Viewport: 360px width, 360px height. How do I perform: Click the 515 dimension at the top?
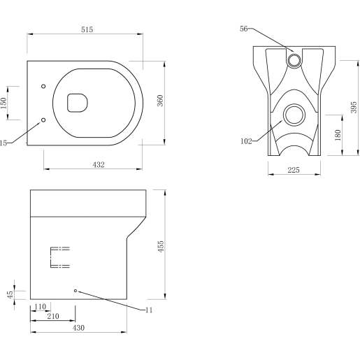click(x=87, y=29)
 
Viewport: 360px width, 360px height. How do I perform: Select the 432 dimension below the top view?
click(x=99, y=165)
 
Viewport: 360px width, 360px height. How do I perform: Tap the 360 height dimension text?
click(x=159, y=101)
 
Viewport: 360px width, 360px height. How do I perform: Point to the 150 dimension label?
click(x=4, y=103)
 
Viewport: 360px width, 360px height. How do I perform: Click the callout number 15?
click(x=3, y=143)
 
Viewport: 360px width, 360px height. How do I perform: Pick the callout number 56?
click(x=244, y=29)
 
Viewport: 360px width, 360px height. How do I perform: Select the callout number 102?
click(x=245, y=141)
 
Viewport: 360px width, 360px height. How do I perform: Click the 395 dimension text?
click(x=354, y=106)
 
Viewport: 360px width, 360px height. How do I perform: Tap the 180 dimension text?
click(x=338, y=134)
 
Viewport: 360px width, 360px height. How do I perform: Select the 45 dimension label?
click(x=10, y=295)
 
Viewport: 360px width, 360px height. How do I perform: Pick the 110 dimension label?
click(x=39, y=307)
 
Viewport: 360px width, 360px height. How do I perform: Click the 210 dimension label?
click(x=52, y=317)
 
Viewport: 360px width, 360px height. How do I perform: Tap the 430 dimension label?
click(x=78, y=328)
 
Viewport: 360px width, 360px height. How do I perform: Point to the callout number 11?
click(x=148, y=310)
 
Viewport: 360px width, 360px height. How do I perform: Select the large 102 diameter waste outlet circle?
click(x=294, y=114)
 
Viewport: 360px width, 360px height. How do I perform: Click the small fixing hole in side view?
click(x=75, y=290)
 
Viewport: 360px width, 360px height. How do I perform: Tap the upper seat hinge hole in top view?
click(x=44, y=87)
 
